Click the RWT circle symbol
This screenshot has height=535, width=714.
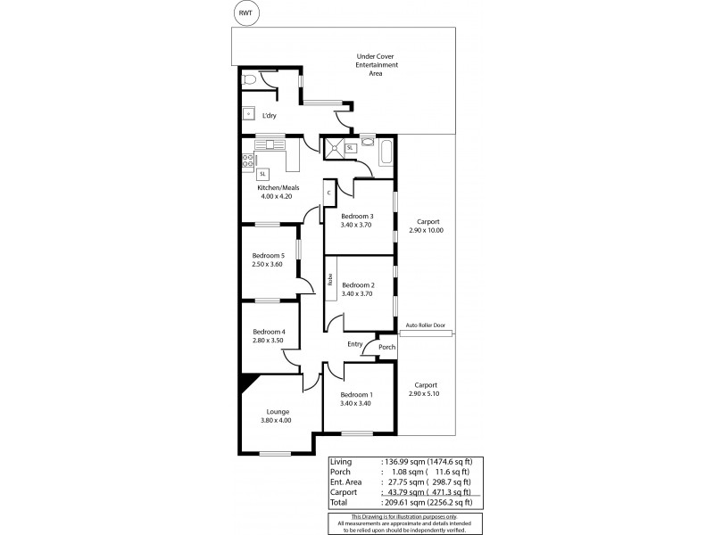coord(244,13)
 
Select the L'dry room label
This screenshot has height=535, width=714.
coord(269,115)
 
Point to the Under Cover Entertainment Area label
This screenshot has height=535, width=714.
coord(377,65)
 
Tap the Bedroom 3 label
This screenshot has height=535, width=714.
coord(357,216)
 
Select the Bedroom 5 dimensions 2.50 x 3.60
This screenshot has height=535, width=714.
coord(268,265)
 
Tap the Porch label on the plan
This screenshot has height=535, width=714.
coord(386,347)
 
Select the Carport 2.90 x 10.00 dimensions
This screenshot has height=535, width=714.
coord(426,230)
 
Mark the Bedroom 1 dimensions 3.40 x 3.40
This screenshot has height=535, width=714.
coord(356,403)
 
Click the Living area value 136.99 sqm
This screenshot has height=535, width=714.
coord(401,462)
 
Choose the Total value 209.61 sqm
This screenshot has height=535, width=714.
coord(401,501)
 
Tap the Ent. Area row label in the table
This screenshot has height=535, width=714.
coord(348,481)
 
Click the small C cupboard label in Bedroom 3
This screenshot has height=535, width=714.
coord(328,193)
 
